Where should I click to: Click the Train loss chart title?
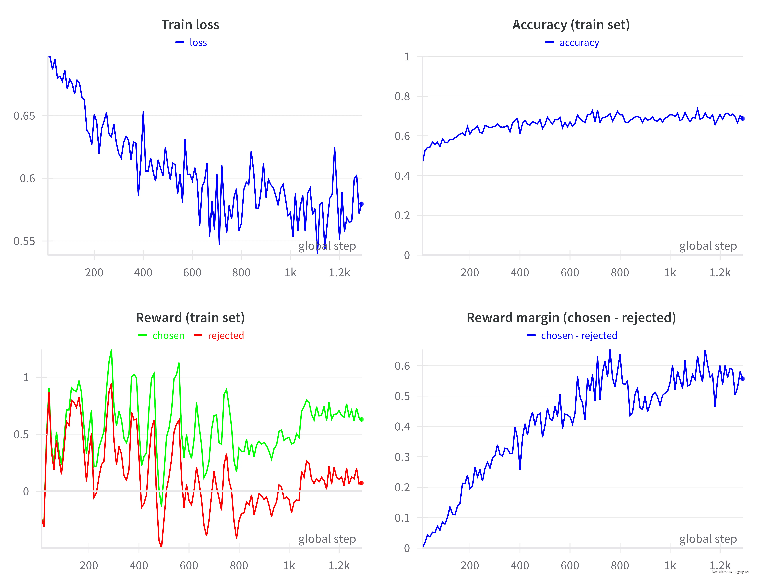click(x=190, y=25)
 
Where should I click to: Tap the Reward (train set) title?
click(x=190, y=318)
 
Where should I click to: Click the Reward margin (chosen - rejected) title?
click(x=571, y=318)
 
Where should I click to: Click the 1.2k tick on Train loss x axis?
click(x=339, y=272)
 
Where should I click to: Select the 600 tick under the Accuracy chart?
click(x=570, y=272)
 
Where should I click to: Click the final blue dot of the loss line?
click(x=361, y=204)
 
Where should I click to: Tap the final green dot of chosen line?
click(x=361, y=419)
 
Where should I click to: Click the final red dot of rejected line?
click(x=361, y=483)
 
